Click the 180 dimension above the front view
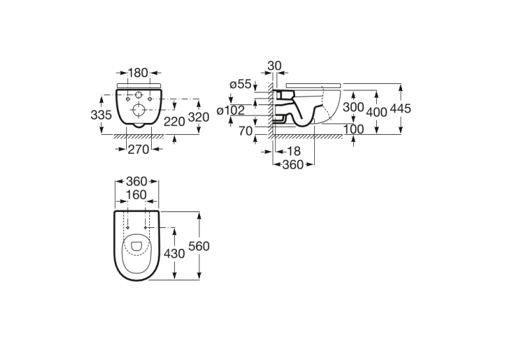click(138, 73)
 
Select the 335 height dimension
click(101, 115)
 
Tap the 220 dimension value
click(174, 122)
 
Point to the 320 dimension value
click(199, 117)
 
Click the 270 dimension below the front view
click(139, 149)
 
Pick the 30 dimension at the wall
click(275, 66)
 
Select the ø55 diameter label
click(240, 85)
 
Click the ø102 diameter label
click(230, 110)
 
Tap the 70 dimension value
click(246, 131)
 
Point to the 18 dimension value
click(293, 151)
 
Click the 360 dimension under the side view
click(293, 164)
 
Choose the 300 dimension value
click(353, 107)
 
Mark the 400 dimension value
click(377, 112)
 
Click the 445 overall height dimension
click(401, 108)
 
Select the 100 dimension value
click(354, 129)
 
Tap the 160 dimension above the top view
click(137, 195)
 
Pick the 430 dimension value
click(174, 254)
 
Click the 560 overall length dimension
click(199, 246)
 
